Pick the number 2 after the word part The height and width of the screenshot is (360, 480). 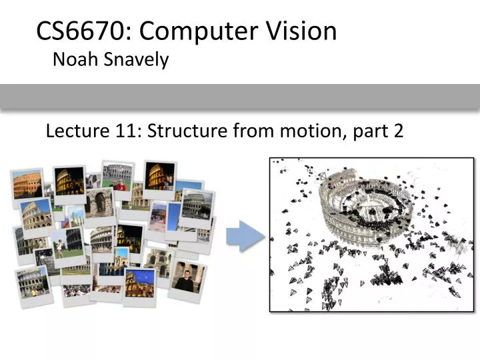[x=398, y=131]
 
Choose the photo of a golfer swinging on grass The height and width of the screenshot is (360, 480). [x=67, y=245]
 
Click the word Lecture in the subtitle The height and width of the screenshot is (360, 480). [x=71, y=131]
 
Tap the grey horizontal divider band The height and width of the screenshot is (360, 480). [x=240, y=97]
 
